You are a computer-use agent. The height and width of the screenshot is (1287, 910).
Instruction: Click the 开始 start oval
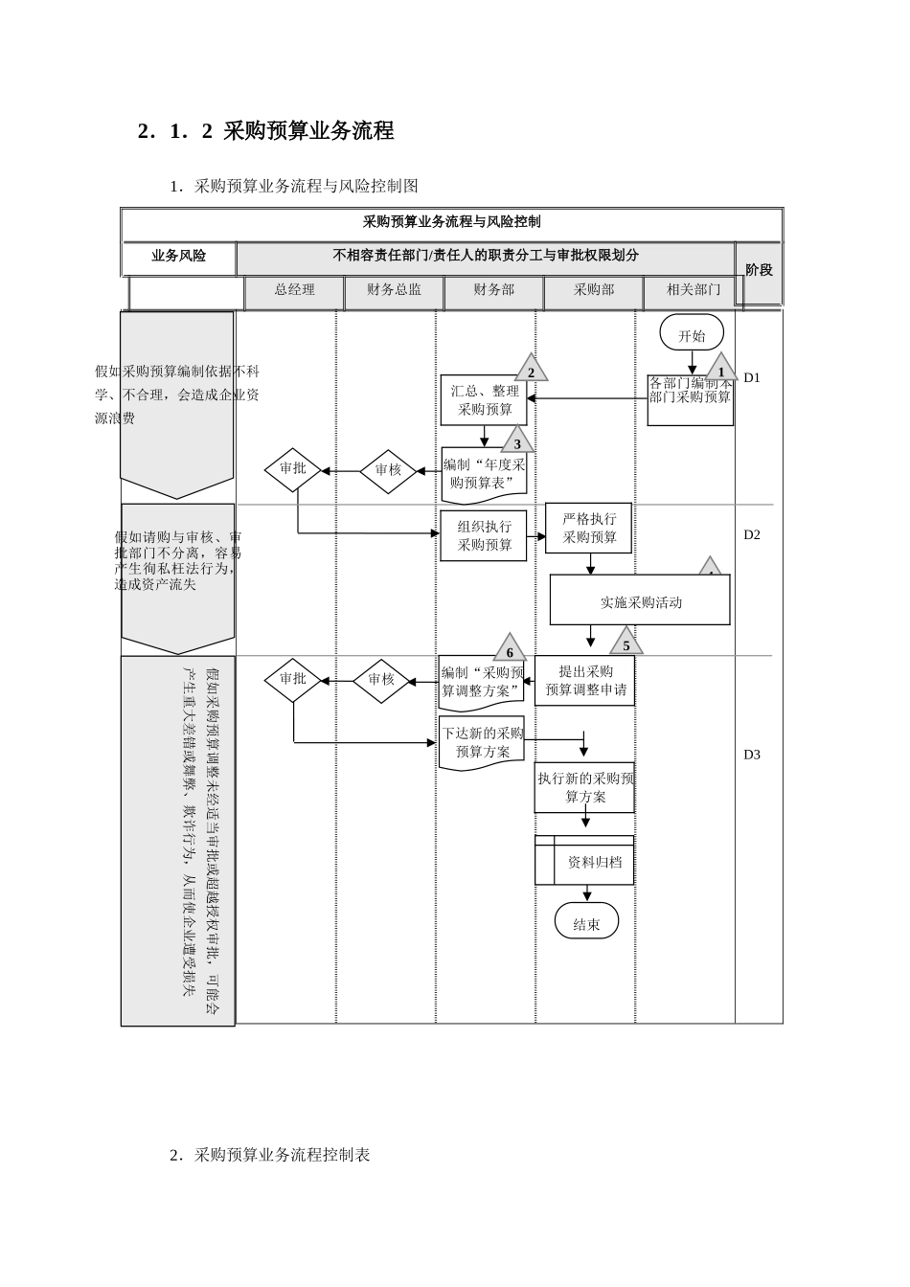pyautogui.click(x=691, y=334)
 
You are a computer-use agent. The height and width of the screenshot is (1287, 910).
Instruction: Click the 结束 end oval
pyautogui.click(x=586, y=923)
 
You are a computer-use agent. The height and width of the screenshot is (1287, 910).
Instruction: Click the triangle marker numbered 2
pyautogui.click(x=531, y=371)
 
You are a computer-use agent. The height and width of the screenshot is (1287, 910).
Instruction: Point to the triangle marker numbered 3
pyautogui.click(x=517, y=441)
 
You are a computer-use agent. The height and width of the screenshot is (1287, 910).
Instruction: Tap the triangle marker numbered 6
pyautogui.click(x=510, y=650)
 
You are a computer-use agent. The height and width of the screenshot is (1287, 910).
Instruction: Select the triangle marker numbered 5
pyautogui.click(x=626, y=643)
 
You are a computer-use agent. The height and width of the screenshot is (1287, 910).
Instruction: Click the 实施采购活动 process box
pyautogui.click(x=640, y=601)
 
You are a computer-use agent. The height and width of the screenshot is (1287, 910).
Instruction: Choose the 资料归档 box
pyautogui.click(x=585, y=861)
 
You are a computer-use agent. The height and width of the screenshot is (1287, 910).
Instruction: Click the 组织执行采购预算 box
pyautogui.click(x=484, y=536)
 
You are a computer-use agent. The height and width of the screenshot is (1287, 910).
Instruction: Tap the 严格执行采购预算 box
pyautogui.click(x=589, y=528)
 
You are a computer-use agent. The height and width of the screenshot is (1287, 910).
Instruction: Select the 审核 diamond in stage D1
pyautogui.click(x=388, y=470)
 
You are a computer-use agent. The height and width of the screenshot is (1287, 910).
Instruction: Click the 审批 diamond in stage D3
pyautogui.click(x=293, y=679)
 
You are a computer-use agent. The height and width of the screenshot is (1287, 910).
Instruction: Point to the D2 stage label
pyautogui.click(x=752, y=534)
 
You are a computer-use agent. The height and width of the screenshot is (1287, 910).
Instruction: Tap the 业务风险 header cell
pyautogui.click(x=179, y=257)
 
